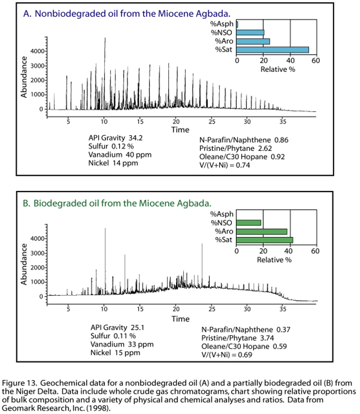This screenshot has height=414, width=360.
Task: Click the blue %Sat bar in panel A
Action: (x=272, y=50)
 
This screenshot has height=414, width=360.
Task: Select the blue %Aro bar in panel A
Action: (x=253, y=41)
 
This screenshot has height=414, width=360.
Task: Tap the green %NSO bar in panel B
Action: (x=249, y=223)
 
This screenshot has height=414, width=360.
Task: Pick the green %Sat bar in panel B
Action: (x=265, y=240)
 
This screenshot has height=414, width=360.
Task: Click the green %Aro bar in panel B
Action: (x=262, y=231)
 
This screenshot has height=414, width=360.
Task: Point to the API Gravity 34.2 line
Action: (x=115, y=138)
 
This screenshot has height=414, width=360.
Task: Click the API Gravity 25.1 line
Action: (x=115, y=327)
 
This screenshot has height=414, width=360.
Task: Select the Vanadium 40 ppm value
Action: (x=120, y=155)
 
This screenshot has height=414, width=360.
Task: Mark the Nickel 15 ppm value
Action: (x=114, y=353)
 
